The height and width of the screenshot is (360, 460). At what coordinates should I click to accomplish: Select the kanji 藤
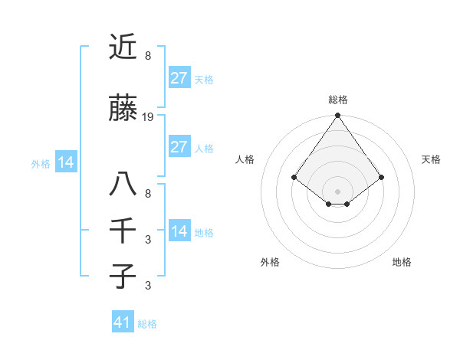click(x=123, y=110)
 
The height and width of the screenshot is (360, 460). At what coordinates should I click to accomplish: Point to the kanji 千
click(x=123, y=231)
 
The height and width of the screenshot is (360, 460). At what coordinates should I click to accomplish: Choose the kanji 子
click(x=123, y=276)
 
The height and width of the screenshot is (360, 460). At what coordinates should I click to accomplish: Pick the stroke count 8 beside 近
click(x=147, y=55)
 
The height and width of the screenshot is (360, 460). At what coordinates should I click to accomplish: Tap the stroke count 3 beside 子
click(x=147, y=286)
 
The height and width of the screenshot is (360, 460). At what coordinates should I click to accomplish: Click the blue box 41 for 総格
click(x=123, y=322)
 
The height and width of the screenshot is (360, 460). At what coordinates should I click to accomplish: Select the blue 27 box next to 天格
click(x=179, y=78)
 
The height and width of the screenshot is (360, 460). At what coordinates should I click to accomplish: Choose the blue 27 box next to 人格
click(x=179, y=147)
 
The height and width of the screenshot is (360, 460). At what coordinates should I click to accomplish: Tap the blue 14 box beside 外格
click(x=65, y=162)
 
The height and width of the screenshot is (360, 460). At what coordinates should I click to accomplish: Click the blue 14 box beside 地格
click(x=179, y=231)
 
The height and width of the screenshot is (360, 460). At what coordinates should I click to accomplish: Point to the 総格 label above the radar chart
click(x=338, y=100)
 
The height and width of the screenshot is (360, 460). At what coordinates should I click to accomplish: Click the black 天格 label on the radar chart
click(x=431, y=159)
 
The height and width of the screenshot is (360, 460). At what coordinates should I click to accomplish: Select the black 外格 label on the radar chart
click(x=270, y=262)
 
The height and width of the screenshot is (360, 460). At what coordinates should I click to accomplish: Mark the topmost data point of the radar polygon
click(x=337, y=116)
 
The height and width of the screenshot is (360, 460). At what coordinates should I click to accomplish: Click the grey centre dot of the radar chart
click(x=337, y=191)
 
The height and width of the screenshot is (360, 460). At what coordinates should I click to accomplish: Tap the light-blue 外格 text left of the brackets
click(x=40, y=163)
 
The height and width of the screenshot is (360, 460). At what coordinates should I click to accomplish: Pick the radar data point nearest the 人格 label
click(x=294, y=178)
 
